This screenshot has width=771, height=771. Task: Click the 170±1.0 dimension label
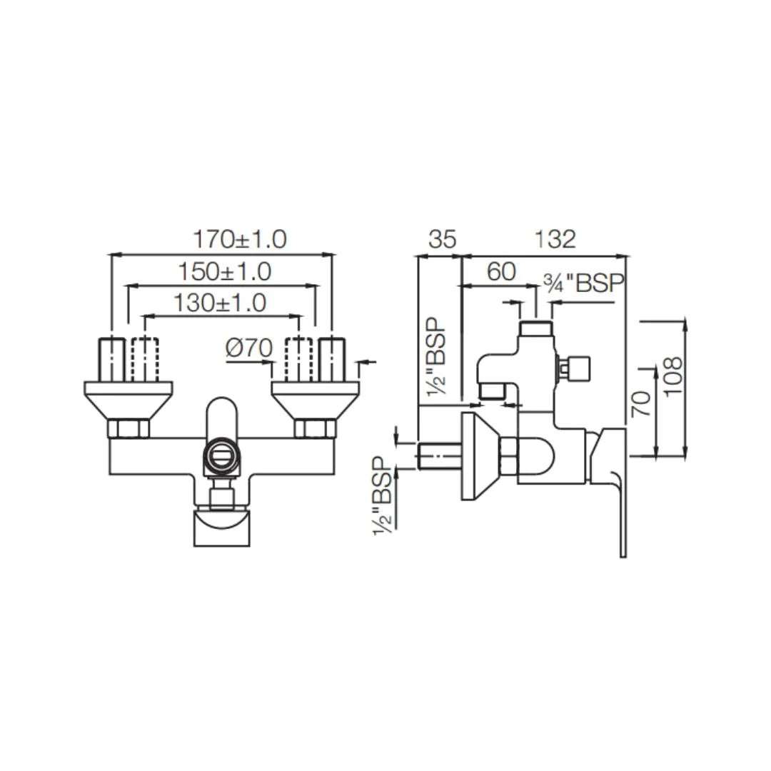click(x=240, y=239)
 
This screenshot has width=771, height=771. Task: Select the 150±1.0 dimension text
click(x=224, y=271)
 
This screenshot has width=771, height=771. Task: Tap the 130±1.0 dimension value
click(x=219, y=303)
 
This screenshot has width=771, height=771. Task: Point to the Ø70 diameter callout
click(x=249, y=348)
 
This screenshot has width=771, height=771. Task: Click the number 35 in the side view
click(x=441, y=239)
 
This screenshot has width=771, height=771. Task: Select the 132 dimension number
click(x=555, y=239)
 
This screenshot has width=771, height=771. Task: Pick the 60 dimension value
click(x=501, y=271)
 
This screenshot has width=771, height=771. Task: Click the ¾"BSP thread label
click(x=583, y=283)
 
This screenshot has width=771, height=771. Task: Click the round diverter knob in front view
click(x=221, y=455)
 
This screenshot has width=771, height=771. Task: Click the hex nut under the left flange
click(x=128, y=429)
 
